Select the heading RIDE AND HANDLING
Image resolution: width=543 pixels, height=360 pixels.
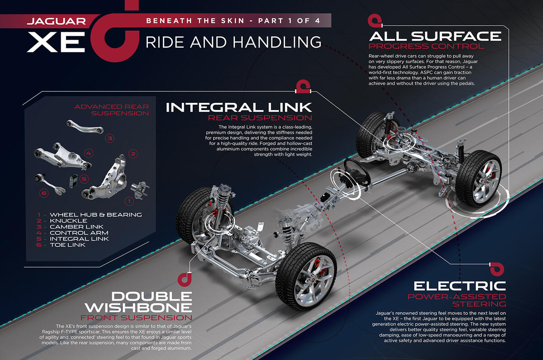[x=233, y=42]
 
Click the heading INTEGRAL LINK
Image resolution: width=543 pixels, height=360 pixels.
[x=239, y=107]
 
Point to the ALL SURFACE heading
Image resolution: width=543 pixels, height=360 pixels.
[x=435, y=36]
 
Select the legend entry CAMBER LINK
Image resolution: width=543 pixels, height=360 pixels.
[x=77, y=226]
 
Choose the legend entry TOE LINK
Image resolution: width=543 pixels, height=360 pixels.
[x=71, y=245]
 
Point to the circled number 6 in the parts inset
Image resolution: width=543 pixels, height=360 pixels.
[x=44, y=193]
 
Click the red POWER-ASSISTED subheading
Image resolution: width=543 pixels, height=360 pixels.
[x=456, y=297]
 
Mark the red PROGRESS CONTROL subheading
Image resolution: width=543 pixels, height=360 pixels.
[x=426, y=46]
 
